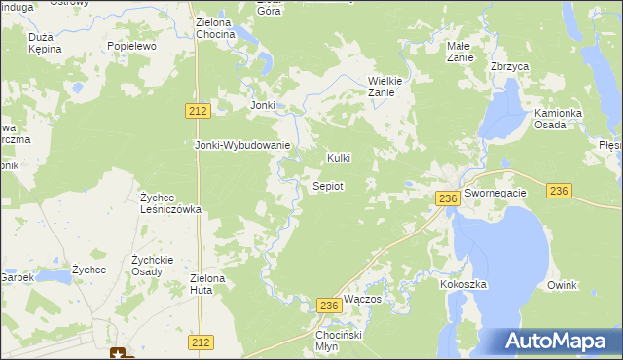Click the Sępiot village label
click(326, 186)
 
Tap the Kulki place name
click(338, 158)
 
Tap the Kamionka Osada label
click(558, 120)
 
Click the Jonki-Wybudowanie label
click(242, 146)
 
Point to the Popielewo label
click(132, 46)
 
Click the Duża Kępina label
click(45, 41)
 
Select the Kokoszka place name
click(462, 284)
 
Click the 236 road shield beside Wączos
click(328, 306)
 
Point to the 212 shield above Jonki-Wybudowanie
click(198, 112)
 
